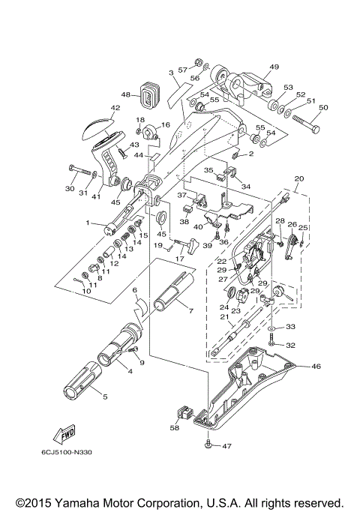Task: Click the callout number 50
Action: (x=323, y=108)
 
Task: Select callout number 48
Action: (x=124, y=95)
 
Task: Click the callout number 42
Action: (x=115, y=108)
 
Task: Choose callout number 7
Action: (x=190, y=310)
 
